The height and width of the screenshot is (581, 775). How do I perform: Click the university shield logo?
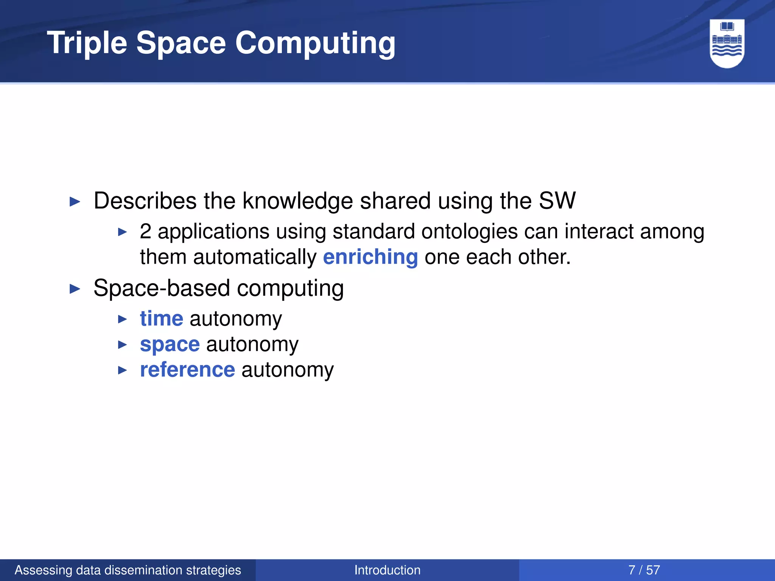tap(727, 43)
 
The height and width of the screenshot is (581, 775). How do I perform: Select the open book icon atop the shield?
tap(727, 26)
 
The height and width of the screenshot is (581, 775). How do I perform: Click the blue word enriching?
tap(370, 257)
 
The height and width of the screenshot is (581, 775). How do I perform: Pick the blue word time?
tap(162, 318)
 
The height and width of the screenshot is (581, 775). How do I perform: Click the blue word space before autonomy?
tap(170, 344)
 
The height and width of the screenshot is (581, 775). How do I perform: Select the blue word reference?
tap(187, 370)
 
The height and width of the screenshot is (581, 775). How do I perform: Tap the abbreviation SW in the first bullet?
tap(557, 200)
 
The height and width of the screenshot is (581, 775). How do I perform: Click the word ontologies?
tap(469, 231)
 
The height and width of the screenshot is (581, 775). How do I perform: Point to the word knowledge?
tap(297, 200)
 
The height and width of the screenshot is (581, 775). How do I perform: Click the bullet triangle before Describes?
tap(75, 202)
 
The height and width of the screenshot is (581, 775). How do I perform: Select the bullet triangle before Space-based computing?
tap(75, 289)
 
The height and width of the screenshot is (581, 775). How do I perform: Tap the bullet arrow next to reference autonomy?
tap(122, 370)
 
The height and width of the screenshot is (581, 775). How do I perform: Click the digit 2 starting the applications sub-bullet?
tap(146, 231)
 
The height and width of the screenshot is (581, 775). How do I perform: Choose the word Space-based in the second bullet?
tap(162, 288)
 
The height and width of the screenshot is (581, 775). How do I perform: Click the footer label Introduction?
tap(387, 570)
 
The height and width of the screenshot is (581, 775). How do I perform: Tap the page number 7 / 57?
tap(644, 570)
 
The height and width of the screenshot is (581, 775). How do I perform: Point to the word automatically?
tap(255, 257)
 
